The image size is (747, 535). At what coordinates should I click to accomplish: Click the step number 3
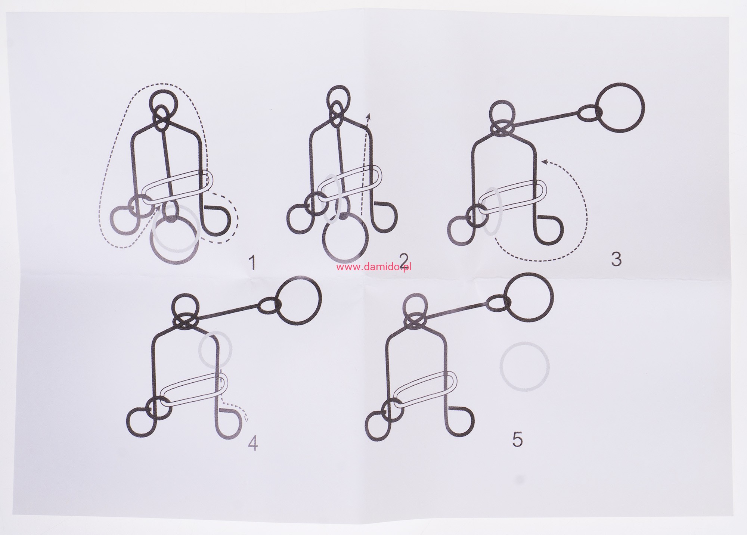coord(616,258)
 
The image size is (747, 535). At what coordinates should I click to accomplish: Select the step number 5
coord(517,439)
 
